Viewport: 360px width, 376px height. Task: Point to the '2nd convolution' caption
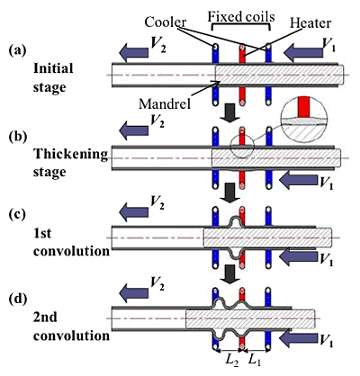click(x=58, y=327)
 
